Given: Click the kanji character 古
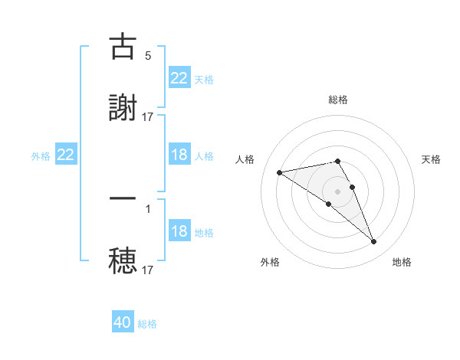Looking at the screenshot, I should [123, 47].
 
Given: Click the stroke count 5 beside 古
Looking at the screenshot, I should [148, 56].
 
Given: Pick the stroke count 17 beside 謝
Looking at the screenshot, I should [148, 116].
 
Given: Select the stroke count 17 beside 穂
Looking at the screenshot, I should [148, 270].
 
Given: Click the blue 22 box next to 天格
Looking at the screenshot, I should [179, 78].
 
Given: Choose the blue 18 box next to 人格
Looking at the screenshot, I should [179, 155].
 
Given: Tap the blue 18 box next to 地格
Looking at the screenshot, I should [179, 231].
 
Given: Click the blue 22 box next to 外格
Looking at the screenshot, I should [66, 155].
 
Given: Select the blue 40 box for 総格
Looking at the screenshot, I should [123, 322].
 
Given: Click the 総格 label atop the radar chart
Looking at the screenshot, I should [338, 100].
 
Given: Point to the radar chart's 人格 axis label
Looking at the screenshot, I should [245, 159].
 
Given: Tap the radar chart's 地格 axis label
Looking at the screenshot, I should [402, 262].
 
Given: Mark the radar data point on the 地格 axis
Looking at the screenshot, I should [374, 242].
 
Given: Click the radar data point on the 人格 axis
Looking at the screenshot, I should [280, 172].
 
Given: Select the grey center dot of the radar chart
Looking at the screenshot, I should [338, 191].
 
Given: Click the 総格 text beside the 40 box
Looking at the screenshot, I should [147, 324].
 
